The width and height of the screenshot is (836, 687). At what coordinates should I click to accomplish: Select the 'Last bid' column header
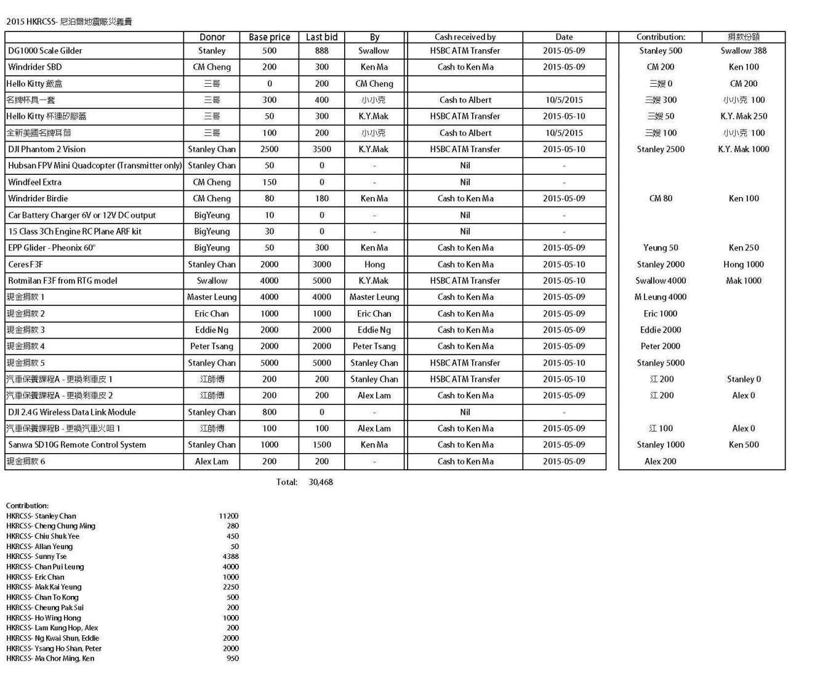pyautogui.click(x=321, y=37)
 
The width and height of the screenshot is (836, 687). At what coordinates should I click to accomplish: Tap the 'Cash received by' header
pyautogui.click(x=465, y=37)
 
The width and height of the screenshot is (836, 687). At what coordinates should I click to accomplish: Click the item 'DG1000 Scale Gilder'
pyautogui.click(x=45, y=51)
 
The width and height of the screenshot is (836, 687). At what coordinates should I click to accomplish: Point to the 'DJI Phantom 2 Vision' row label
pyautogui.click(x=47, y=150)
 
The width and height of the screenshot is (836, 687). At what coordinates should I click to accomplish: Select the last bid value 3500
pyautogui.click(x=321, y=150)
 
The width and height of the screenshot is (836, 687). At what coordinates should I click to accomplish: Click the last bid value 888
pyautogui.click(x=321, y=51)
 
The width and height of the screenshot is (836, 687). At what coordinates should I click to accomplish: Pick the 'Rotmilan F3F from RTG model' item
pyautogui.click(x=62, y=281)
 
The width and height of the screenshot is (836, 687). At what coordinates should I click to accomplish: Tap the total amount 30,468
pyautogui.click(x=321, y=482)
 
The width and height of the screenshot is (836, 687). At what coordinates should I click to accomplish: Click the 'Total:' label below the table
pyautogui.click(x=286, y=482)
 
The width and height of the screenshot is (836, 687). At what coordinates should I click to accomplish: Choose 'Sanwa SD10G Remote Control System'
pyautogui.click(x=77, y=445)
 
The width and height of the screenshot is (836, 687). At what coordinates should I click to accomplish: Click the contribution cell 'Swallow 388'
pyautogui.click(x=743, y=51)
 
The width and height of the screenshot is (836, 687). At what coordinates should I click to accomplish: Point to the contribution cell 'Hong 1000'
pyautogui.click(x=743, y=265)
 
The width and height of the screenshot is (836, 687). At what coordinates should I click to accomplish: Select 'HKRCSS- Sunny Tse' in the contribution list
pyautogui.click(x=36, y=556)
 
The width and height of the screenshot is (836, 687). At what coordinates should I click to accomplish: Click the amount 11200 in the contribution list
pyautogui.click(x=228, y=516)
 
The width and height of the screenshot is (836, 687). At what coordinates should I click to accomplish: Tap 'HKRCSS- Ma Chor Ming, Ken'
pyautogui.click(x=50, y=659)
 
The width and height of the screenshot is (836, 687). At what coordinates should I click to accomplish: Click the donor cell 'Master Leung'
pyautogui.click(x=212, y=297)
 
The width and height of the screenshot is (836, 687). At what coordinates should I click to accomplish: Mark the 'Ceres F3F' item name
pyautogui.click(x=25, y=265)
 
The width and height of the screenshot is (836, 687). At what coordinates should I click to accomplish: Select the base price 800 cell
pyautogui.click(x=269, y=412)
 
